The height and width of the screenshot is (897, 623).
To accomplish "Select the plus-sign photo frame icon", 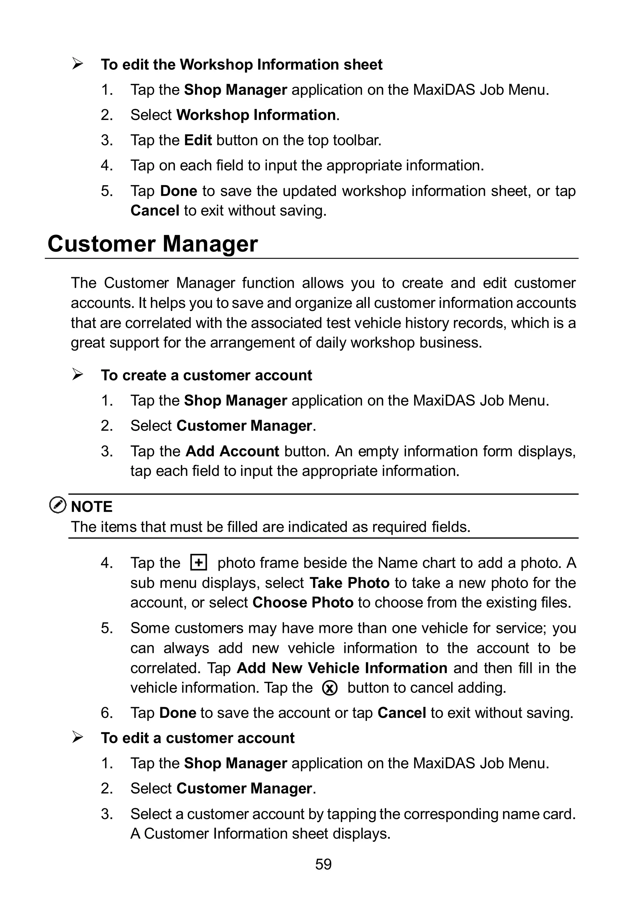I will pyautogui.click(x=198, y=563).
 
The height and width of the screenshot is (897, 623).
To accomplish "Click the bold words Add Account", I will pyautogui.click(x=232, y=451).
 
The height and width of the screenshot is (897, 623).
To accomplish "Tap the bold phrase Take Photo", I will pyautogui.click(x=349, y=583).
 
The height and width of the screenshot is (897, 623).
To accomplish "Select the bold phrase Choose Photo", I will pyautogui.click(x=303, y=602).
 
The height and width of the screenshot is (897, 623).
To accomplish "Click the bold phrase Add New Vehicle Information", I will pyautogui.click(x=342, y=668).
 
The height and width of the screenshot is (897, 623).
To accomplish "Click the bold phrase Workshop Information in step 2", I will pyautogui.click(x=256, y=115).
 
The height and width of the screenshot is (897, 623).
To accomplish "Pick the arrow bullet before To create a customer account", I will pyautogui.click(x=77, y=375).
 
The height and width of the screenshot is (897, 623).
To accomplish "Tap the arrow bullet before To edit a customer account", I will pyautogui.click(x=77, y=738).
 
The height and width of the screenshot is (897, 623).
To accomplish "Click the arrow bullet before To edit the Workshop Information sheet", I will pyautogui.click(x=77, y=64).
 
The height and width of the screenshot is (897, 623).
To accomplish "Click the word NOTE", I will pyautogui.click(x=92, y=507).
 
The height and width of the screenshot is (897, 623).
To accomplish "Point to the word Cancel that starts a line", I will pyautogui.click(x=155, y=210).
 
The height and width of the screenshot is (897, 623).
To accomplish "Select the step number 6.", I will pyautogui.click(x=106, y=713).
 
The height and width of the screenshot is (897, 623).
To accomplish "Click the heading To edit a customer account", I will pyautogui.click(x=197, y=738).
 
